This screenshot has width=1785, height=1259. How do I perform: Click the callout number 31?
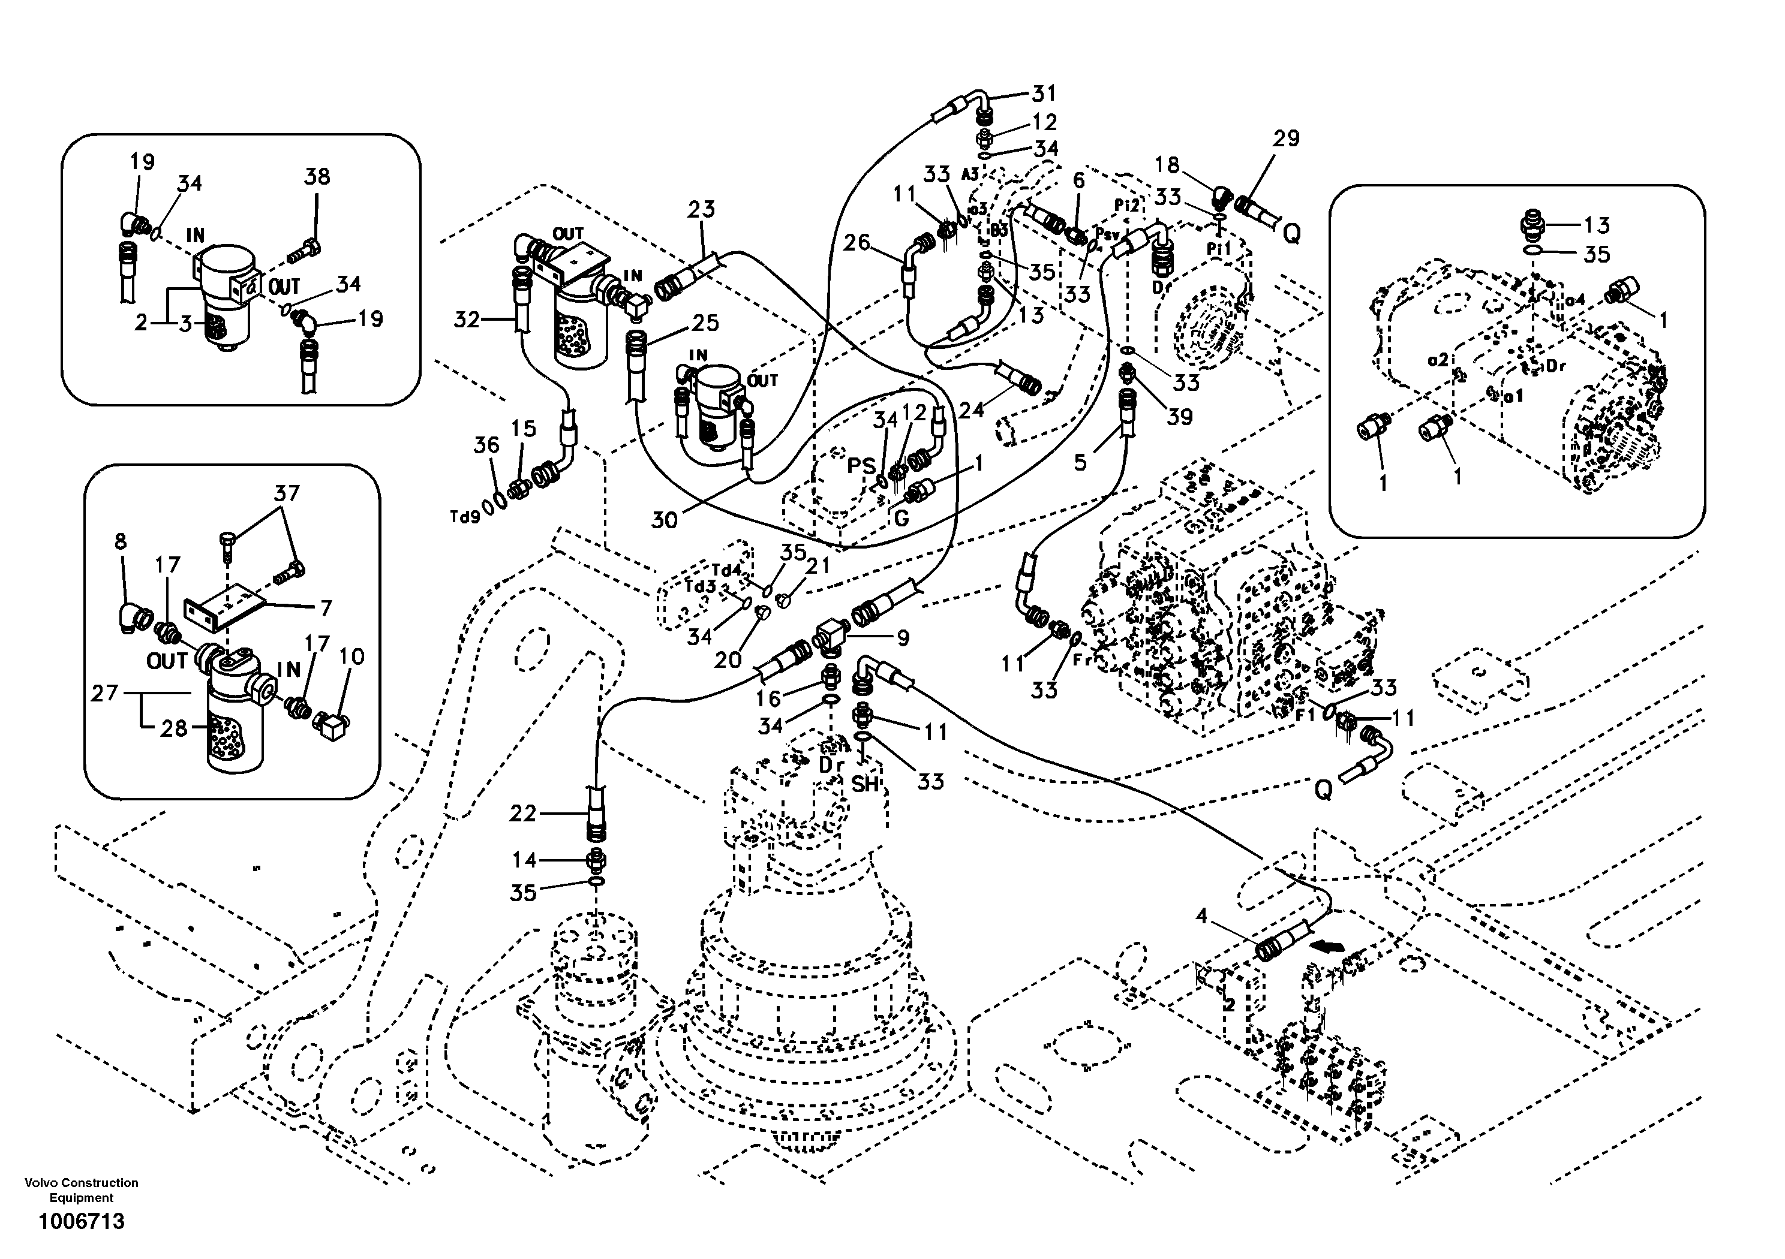tap(1044, 94)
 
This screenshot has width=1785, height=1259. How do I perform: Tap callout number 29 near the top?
tap(1286, 139)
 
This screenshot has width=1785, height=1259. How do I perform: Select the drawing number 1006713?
tap(82, 1222)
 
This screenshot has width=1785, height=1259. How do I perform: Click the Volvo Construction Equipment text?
tap(82, 1190)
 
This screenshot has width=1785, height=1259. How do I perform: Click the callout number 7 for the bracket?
tap(326, 608)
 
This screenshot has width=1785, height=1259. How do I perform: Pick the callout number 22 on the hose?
tap(522, 813)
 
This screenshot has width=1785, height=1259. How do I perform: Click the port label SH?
tap(864, 784)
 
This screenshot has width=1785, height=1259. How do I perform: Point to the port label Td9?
tap(464, 517)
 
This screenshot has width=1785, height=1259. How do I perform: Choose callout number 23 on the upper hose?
tap(701, 209)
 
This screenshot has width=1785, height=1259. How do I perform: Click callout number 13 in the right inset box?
tap(1596, 225)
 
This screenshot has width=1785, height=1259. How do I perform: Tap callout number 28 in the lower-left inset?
tap(174, 728)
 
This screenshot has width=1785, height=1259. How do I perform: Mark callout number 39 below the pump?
tap(1179, 417)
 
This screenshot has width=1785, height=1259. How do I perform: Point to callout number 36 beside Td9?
tap(486, 445)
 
